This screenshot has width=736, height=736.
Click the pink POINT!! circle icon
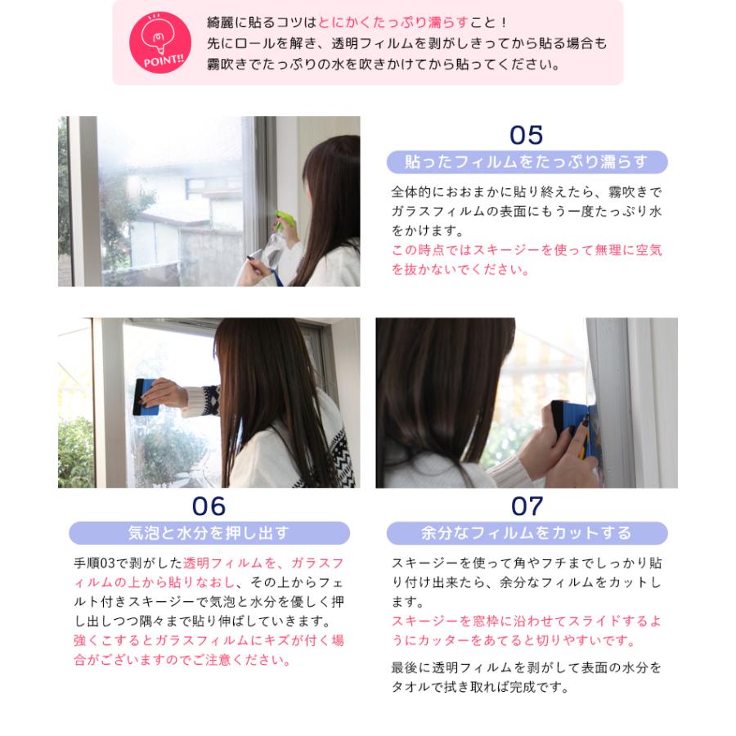coord(160,43)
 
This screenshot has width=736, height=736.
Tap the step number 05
coord(526,136)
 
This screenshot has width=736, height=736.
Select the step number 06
coord(209,506)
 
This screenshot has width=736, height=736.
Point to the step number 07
coord(527,506)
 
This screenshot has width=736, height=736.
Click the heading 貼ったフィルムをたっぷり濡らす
coord(527,162)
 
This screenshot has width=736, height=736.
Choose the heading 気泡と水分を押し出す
coord(209,532)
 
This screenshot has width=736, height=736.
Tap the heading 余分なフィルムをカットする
coord(527,532)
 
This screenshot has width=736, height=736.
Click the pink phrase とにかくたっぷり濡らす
coord(393,22)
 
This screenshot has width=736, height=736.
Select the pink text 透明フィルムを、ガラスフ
coord(263,563)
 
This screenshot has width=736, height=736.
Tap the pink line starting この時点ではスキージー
coord(527,249)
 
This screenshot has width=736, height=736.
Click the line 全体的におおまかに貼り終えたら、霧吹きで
coord(527,191)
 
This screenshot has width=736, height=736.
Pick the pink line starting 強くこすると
coord(209,640)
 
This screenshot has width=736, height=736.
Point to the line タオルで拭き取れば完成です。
coord(480,687)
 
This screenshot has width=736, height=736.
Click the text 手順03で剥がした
coord(128,563)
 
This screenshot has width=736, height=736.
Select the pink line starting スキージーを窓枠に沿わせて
coord(527,621)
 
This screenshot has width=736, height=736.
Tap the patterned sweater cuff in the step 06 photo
coord(201,401)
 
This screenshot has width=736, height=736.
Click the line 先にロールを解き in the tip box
coord(407,43)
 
